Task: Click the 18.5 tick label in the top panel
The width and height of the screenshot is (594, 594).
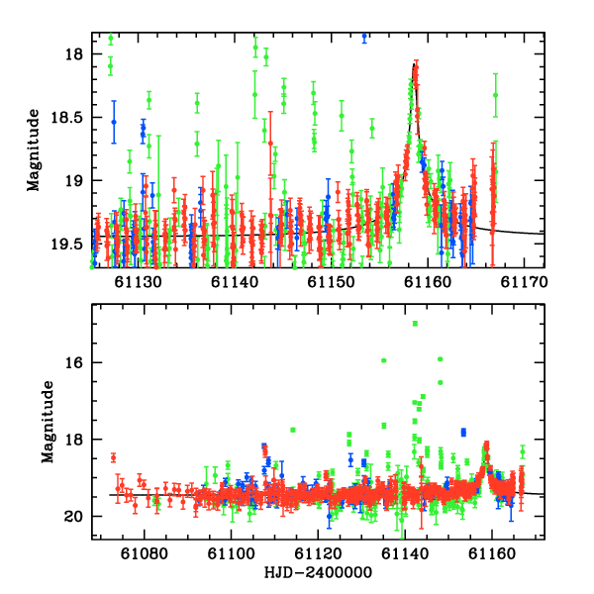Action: coord(66,118)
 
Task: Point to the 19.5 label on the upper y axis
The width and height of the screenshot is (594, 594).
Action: coord(66,244)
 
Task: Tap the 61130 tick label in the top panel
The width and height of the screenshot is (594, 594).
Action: coord(139,282)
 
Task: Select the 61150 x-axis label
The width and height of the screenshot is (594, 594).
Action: coord(331,282)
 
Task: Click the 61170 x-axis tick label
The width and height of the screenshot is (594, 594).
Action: coord(524,282)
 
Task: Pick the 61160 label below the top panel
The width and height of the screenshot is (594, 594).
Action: coord(428,282)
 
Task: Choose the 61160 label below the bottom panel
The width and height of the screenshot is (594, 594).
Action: coord(492,554)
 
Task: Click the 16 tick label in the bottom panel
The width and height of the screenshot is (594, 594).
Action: coord(73,362)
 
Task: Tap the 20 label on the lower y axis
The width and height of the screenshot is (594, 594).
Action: coord(73,517)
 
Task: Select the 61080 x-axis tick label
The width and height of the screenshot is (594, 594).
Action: coord(144,554)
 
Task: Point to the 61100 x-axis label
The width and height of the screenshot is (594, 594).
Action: coord(231,554)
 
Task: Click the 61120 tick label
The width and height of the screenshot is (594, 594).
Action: coord(318,554)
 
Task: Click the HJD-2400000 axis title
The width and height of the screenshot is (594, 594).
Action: coord(318,573)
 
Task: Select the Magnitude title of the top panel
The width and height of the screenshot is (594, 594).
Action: coord(34,150)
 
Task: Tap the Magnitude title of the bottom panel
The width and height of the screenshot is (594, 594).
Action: coord(48,422)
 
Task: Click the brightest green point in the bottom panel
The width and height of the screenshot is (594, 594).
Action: coord(415,323)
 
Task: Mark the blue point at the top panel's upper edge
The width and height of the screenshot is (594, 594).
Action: coord(364,36)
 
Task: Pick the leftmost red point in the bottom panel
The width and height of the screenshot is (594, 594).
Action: coord(113,458)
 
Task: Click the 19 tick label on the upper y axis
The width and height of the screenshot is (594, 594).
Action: coord(73,181)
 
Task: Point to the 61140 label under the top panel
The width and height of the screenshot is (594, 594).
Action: coord(235,282)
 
